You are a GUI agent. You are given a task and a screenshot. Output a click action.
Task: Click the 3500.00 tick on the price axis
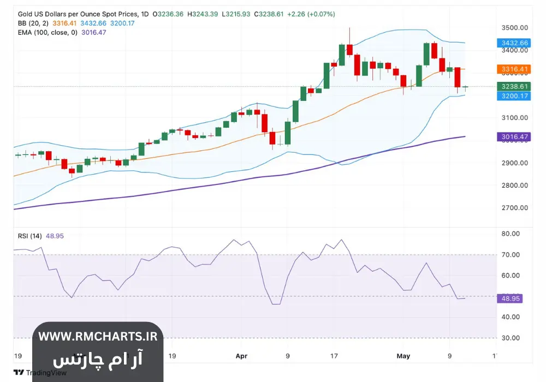point(515,28)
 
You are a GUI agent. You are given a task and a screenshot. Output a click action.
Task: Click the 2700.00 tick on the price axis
point(515,208)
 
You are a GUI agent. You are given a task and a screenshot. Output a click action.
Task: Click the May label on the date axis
point(403,356)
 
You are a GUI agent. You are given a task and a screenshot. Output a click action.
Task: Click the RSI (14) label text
point(28,236)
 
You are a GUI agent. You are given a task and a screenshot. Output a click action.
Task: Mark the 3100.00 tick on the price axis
point(515,118)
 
